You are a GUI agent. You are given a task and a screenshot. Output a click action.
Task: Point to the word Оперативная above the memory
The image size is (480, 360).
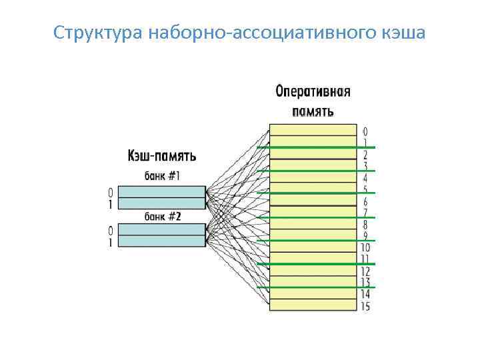pyautogui.click(x=313, y=93)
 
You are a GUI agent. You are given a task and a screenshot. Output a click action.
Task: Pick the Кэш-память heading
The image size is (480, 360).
pyautogui.click(x=161, y=157)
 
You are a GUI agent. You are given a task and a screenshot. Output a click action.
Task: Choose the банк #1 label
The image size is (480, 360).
pyautogui.click(x=163, y=176)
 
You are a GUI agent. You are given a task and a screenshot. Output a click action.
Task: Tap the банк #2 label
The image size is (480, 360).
pyautogui.click(x=163, y=216)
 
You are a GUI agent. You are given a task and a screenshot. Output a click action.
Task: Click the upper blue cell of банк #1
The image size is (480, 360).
pyautogui.click(x=162, y=192)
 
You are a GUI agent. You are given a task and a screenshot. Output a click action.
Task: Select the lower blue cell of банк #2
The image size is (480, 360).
pyautogui.click(x=162, y=242)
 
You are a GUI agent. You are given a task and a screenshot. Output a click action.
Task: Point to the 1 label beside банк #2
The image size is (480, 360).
pyautogui.click(x=111, y=243)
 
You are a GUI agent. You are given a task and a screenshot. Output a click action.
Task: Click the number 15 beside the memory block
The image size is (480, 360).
pyautogui.click(x=365, y=307)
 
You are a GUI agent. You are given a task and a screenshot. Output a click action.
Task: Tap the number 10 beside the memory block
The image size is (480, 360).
pyautogui.click(x=365, y=248)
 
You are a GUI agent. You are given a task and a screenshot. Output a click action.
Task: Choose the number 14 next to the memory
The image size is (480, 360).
pyautogui.click(x=365, y=295)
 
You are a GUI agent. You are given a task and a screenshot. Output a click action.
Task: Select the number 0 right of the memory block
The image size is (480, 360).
pyautogui.click(x=365, y=131)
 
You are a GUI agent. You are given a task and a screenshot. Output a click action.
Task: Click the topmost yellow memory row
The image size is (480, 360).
pyautogui.click(x=313, y=130)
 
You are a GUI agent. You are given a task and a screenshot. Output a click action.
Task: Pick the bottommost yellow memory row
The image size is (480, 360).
pyautogui.click(x=313, y=306)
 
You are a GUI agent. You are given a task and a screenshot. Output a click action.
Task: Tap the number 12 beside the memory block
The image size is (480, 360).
pyautogui.click(x=365, y=271)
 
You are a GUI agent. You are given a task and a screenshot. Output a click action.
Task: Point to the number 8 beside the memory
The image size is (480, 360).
pyautogui.click(x=365, y=225)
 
